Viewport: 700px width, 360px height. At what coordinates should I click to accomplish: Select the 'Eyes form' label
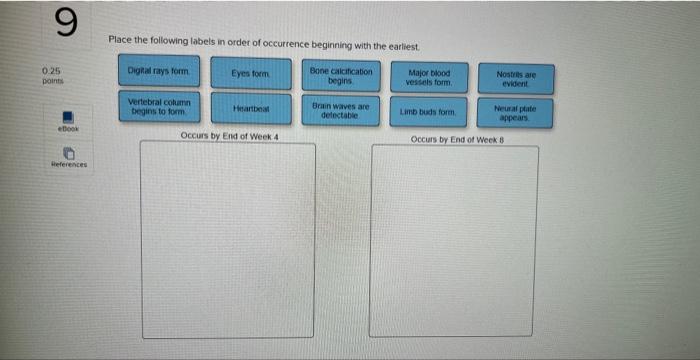coord(248,73)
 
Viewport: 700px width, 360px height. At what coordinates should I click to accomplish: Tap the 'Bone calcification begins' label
coord(342,73)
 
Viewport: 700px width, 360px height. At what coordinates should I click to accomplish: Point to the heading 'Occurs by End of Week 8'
coord(454,138)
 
